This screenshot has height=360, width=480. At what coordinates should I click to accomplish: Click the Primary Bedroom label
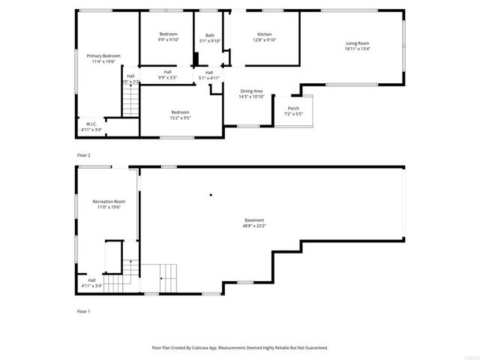[103, 56]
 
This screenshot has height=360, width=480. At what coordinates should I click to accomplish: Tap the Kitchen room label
[265, 34]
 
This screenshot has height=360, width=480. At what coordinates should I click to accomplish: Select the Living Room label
[358, 43]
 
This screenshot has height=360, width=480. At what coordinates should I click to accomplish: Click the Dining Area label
[251, 91]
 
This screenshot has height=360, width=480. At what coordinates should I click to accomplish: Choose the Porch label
[293, 108]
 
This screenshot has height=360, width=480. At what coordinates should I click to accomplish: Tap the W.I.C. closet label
[91, 124]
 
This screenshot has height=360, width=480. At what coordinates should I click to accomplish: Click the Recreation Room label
[109, 202]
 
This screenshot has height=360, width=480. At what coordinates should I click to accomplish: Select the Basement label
[253, 220]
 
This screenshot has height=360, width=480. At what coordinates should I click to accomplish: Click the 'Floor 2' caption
[84, 154]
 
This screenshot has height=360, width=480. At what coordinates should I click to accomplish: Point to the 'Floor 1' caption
[84, 310]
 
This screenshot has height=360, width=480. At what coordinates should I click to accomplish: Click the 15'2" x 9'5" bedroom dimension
[180, 118]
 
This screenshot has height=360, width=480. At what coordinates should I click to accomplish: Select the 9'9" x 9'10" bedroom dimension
[168, 40]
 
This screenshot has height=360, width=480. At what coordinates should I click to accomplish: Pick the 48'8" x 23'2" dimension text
[253, 226]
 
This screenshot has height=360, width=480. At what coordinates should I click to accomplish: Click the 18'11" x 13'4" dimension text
[358, 49]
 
